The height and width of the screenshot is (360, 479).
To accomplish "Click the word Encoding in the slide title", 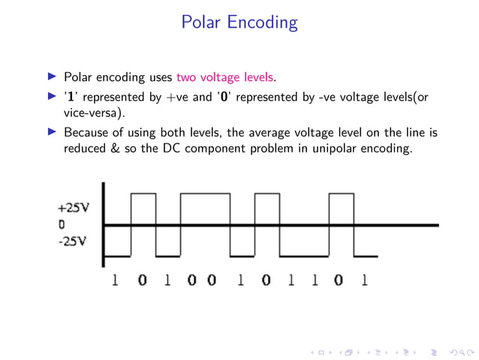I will coord(263,23).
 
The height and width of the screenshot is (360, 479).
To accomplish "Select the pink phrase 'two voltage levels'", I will coord(226,77).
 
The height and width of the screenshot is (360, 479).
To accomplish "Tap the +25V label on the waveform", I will coord(73,208).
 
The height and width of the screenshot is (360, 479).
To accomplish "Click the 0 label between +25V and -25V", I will coord(61,224).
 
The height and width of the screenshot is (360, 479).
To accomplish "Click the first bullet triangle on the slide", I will coord(52,77).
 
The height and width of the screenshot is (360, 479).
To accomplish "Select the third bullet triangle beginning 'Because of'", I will coord(52,133).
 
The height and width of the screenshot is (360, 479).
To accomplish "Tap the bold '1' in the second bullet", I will coord(69,96).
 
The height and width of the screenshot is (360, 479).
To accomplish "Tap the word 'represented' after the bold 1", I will coord(114,97).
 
